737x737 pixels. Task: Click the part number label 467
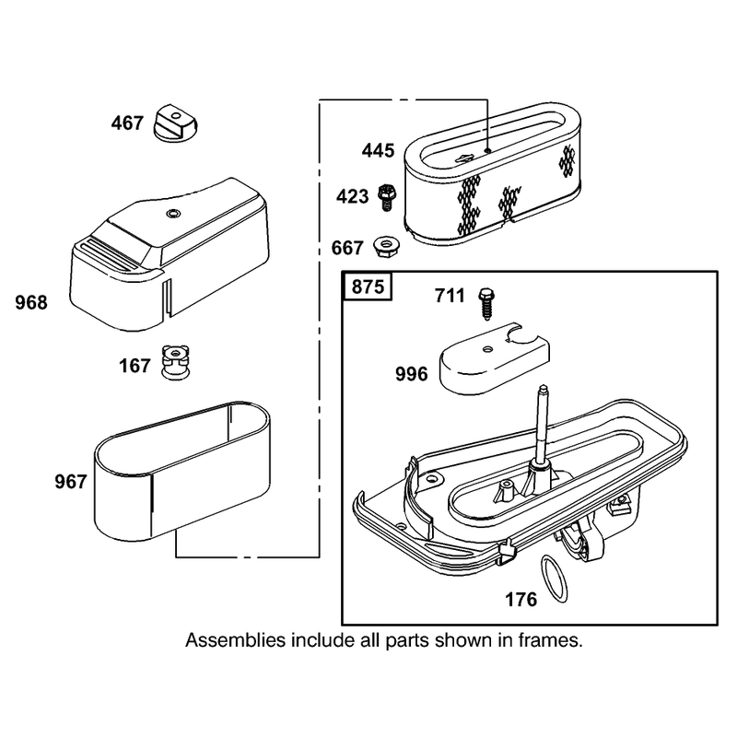127,123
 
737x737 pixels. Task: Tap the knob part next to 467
176,123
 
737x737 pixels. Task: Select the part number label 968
31,303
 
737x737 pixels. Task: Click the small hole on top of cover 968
172,214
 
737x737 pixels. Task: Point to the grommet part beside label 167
177,363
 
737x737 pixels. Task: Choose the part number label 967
71,482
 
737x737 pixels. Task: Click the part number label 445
378,150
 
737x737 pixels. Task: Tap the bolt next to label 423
387,197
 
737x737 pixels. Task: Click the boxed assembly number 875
368,287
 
